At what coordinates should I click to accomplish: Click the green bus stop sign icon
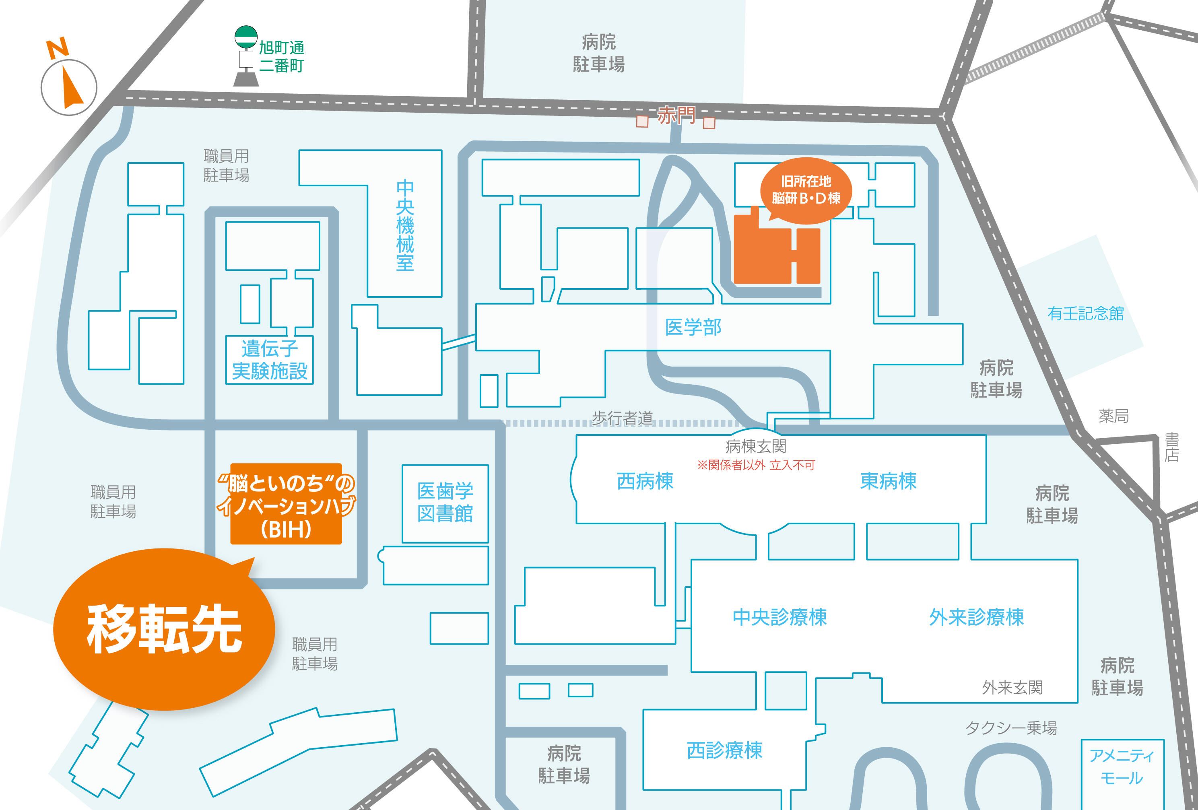pyautogui.click(x=246, y=37)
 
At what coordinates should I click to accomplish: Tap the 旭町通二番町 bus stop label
pyautogui.click(x=281, y=57)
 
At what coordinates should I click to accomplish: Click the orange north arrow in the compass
pyautogui.click(x=71, y=88)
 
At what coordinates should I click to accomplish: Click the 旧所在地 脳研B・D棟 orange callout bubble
pyautogui.click(x=806, y=190)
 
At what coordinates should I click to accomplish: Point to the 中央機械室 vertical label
pyautogui.click(x=405, y=225)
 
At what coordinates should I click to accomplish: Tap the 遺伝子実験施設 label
pyautogui.click(x=270, y=359)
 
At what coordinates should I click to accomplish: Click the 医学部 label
pyautogui.click(x=693, y=327)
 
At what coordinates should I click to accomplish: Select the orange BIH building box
pyautogui.click(x=286, y=504)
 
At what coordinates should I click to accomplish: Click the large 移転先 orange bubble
pyautogui.click(x=164, y=629)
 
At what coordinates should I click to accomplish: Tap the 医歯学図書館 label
pyautogui.click(x=445, y=502)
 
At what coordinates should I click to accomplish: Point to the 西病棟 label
pyautogui.click(x=645, y=481)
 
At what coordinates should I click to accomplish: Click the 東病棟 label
pyautogui.click(x=888, y=481)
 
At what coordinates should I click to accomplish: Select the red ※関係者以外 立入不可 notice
pyautogui.click(x=756, y=465)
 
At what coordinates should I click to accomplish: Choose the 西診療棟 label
pyautogui.click(x=724, y=750)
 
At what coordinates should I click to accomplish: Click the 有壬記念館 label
pyautogui.click(x=1086, y=313)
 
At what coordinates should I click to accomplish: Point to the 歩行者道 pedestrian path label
pyautogui.click(x=622, y=418)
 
